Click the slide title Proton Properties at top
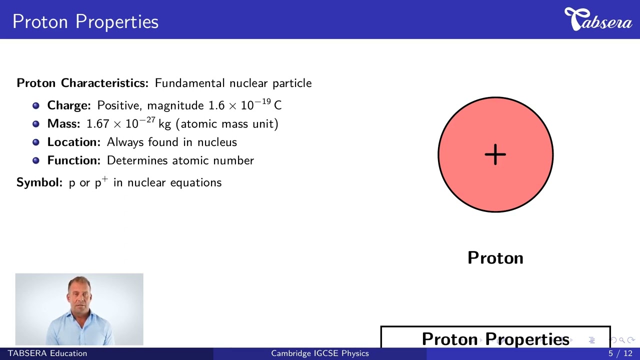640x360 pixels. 85,21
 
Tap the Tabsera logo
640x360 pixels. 598,20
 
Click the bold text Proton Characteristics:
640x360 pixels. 82,83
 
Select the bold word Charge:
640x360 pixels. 69,105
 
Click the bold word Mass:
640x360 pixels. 63,124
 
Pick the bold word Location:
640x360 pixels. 74,142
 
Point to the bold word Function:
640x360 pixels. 74,160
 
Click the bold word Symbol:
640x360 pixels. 39,182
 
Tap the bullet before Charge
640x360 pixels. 36,106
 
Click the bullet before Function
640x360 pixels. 36,160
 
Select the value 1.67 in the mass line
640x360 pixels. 97,124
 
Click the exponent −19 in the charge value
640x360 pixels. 263,102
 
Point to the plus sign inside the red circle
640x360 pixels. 495,154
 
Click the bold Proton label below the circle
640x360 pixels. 495,258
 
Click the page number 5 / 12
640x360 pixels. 620,353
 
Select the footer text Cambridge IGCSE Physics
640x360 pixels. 320,353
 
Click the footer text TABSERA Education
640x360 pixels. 47,353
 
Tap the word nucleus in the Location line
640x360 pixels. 217,142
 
